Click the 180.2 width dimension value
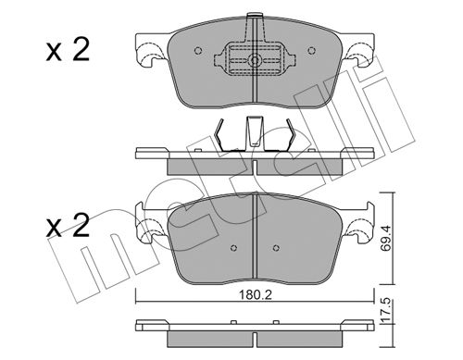pos(256,295)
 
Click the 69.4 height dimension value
pos(386,238)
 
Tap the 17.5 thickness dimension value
pos(386,311)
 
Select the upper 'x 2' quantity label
pos(68,51)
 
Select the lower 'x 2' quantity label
pos(68,226)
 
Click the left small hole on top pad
pos(198,50)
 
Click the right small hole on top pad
pos(312,50)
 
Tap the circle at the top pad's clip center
pos(255,60)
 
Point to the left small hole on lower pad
pos(233,248)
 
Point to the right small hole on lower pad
pos(276,247)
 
